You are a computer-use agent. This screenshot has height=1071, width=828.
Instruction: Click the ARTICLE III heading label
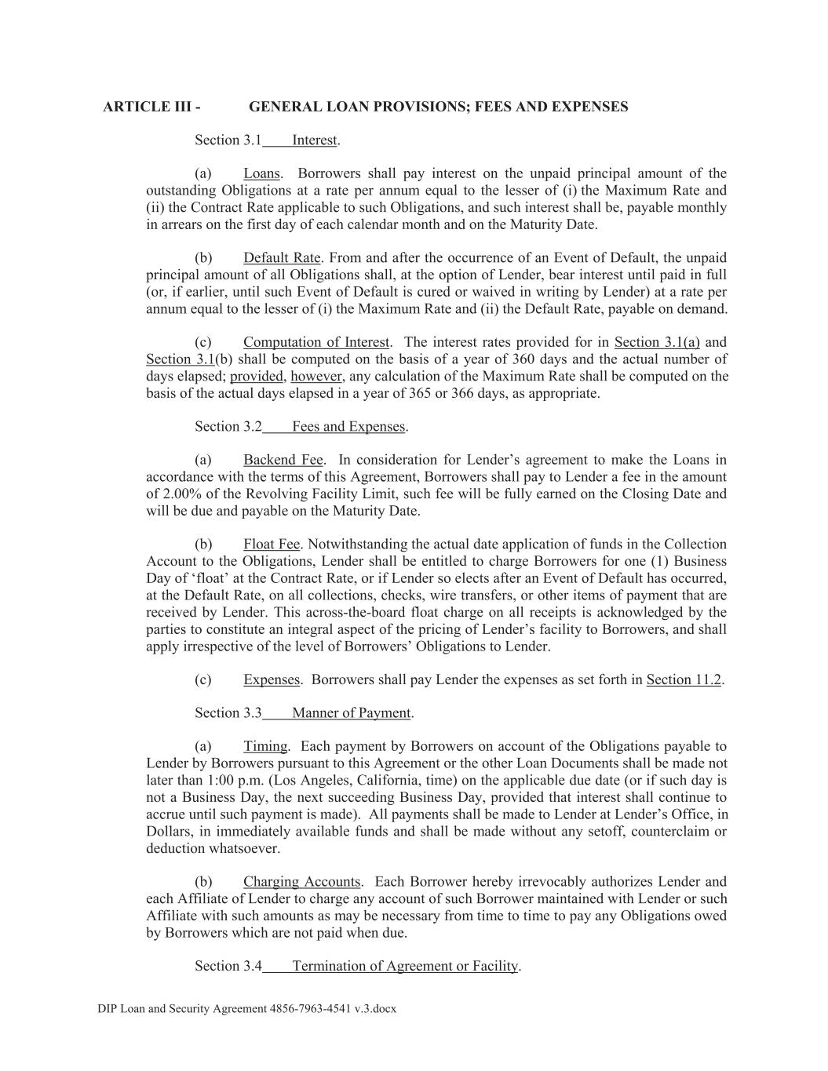coord(151,107)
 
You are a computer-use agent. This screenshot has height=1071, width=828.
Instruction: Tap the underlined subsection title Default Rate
coord(282,258)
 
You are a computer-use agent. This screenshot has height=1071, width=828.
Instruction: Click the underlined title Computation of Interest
coord(316,342)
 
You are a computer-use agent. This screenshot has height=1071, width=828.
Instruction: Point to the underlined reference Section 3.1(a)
coord(657,342)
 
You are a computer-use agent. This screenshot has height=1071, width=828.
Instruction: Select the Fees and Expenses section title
coord(348,427)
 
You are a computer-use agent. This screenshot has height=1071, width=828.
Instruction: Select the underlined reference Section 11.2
coord(684,679)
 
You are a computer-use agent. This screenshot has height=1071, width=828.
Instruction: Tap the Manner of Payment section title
coord(351,713)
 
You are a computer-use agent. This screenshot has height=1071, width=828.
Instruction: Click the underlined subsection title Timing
coord(266,746)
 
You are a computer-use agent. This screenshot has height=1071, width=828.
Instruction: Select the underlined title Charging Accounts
coord(301,882)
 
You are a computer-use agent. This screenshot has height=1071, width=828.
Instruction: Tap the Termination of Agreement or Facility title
coord(405,966)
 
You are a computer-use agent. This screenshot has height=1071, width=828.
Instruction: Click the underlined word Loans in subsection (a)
coord(262,173)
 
